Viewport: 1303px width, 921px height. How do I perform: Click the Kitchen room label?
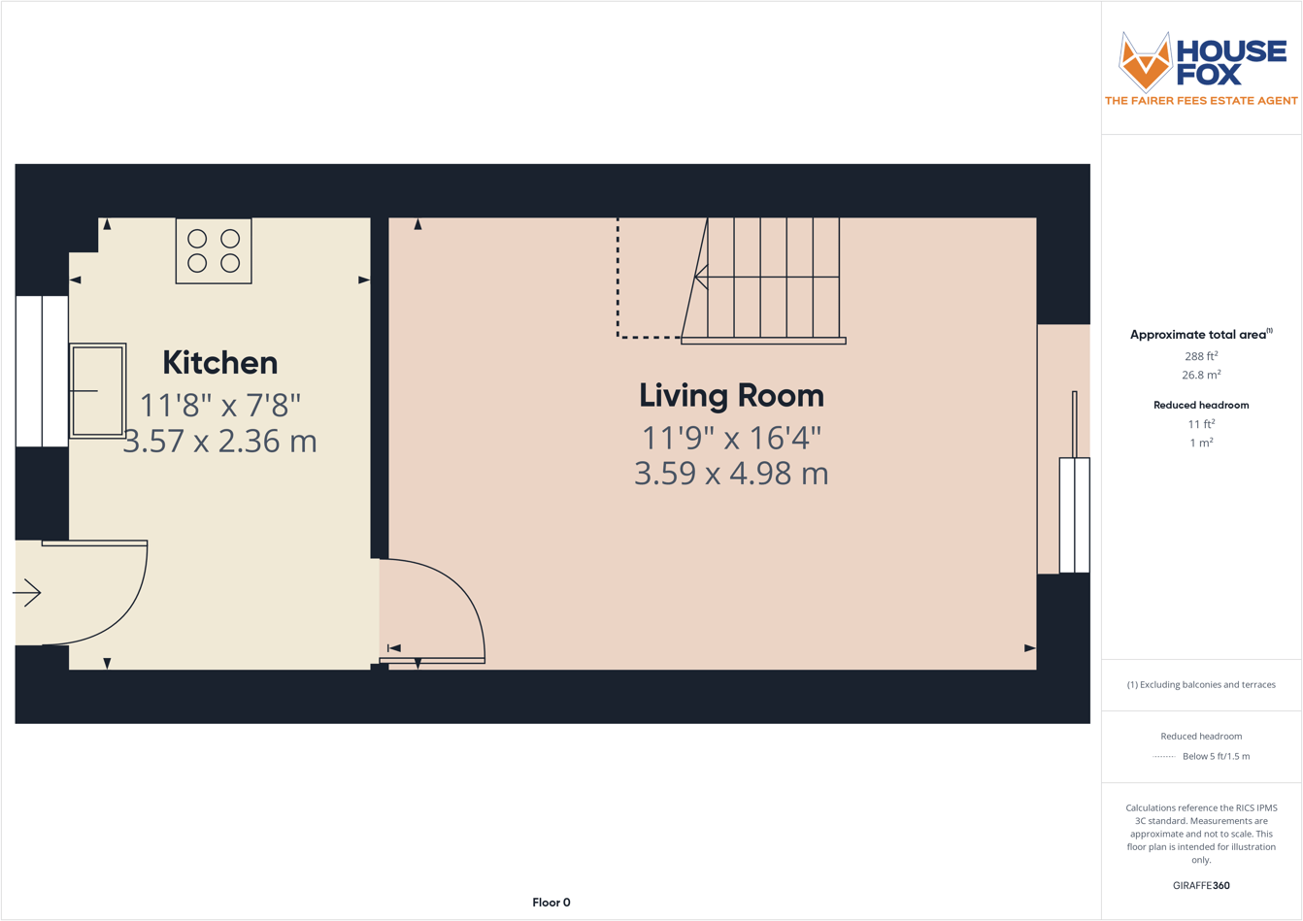[219, 363]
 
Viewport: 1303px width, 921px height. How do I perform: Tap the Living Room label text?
[731, 396]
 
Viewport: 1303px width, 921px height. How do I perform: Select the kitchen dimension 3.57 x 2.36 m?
[219, 442]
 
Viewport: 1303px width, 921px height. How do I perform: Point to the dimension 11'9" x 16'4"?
[731, 438]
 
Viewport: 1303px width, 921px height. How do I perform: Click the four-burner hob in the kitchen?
[214, 250]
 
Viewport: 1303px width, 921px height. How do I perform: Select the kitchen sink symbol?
[97, 390]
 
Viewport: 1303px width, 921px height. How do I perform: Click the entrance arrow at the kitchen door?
[27, 592]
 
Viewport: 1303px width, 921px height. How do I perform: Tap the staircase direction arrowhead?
[700, 278]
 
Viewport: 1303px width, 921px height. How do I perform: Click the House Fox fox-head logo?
[1146, 61]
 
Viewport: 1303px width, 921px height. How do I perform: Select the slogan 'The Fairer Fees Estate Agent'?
[1201, 101]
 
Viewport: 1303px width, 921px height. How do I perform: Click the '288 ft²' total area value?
[1201, 356]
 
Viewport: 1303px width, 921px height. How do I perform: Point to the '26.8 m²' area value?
[1201, 375]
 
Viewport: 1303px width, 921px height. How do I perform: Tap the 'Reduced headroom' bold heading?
[1201, 405]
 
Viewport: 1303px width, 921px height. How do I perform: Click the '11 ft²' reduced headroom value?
[1201, 424]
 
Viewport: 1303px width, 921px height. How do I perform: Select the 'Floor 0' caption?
[551, 903]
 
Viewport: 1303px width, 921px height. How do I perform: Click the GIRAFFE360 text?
[1201, 885]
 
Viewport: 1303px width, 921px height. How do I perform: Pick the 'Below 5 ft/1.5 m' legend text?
[1216, 756]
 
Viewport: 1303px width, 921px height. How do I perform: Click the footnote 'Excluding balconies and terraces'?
[1201, 684]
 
